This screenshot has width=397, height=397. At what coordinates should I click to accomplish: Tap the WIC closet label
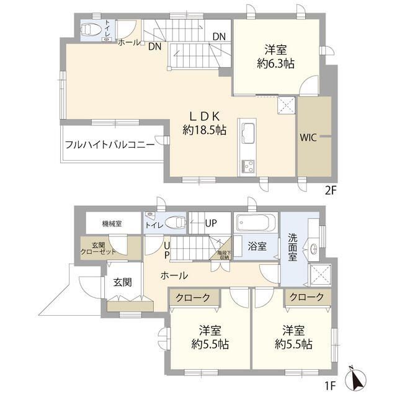point(308,138)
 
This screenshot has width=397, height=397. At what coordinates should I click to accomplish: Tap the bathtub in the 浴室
point(254,222)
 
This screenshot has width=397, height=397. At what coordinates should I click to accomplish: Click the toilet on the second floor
point(92,29)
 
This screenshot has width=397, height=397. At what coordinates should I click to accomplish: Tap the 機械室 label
point(112,223)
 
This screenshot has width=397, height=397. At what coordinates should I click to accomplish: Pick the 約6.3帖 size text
point(275,63)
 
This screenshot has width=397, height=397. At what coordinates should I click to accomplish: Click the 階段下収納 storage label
point(223,254)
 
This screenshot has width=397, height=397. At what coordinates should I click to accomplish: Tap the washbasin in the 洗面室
point(314,249)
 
